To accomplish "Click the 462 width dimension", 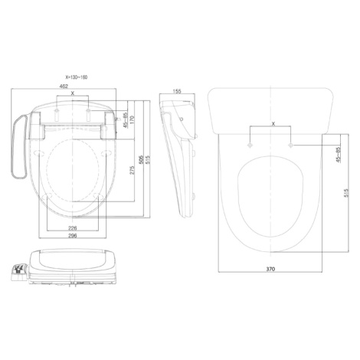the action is click(x=64, y=87).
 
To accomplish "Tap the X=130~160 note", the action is click(x=77, y=77).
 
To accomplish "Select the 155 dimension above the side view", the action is click(x=177, y=91).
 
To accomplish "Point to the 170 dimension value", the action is click(x=132, y=119).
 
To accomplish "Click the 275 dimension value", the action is click(x=132, y=170).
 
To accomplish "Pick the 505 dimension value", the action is click(x=141, y=160).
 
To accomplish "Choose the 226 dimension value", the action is click(x=73, y=228).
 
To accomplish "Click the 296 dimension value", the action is click(x=73, y=235).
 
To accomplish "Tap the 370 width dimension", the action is click(x=270, y=269).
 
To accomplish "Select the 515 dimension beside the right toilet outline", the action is click(x=346, y=193).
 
